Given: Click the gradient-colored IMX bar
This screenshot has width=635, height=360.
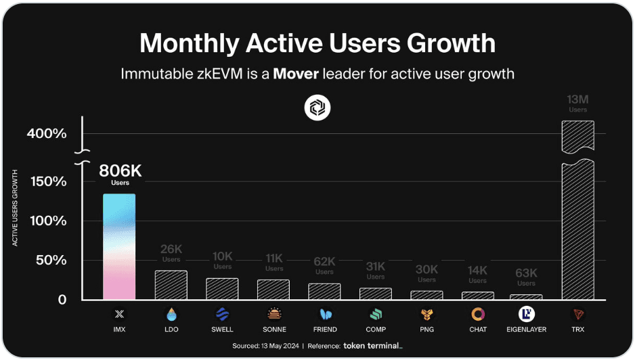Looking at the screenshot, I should [119, 246].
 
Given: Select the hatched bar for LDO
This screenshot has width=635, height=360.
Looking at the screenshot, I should [171, 285].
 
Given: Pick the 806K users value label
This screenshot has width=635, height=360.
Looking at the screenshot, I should [120, 172].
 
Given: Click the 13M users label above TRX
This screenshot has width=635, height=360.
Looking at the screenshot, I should [577, 104].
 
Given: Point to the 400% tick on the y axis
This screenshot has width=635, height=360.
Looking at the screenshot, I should [47, 134].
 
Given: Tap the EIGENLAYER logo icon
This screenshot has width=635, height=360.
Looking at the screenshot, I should [527, 314].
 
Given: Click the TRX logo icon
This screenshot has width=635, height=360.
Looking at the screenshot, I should [577, 314].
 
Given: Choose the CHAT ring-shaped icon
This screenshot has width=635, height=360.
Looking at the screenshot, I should [478, 314].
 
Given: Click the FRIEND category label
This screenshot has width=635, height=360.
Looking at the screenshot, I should [325, 330].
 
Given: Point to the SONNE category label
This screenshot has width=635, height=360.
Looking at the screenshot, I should [274, 330].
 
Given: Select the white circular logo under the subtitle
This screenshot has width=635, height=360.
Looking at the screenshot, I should [317, 107].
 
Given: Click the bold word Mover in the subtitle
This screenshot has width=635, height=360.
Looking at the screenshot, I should [296, 74].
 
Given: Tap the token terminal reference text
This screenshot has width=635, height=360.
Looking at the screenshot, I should [372, 346].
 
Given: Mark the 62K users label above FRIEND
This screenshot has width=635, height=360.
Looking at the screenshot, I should [324, 263].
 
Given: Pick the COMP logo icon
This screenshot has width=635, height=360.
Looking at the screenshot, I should [376, 314].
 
